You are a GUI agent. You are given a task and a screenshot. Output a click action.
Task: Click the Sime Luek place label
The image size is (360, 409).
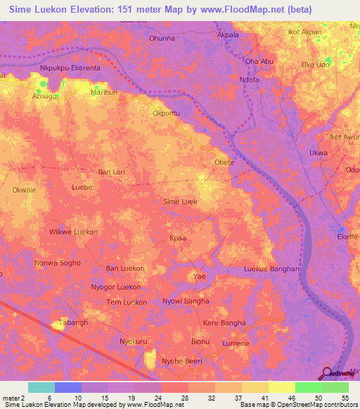tap(180, 202)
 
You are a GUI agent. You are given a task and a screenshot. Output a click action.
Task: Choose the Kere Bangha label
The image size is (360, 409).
tap(224, 323)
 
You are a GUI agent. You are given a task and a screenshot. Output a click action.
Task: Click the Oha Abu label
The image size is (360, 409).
tap(259, 61)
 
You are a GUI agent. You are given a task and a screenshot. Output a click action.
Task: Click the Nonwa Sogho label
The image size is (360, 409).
tap(58, 263)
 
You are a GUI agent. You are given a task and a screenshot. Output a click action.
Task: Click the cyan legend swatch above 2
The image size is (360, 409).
tap(41, 387)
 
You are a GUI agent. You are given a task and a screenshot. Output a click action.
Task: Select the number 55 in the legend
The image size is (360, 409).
tap(345, 398)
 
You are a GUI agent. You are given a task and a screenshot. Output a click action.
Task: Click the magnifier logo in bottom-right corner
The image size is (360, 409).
tap(328, 374)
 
